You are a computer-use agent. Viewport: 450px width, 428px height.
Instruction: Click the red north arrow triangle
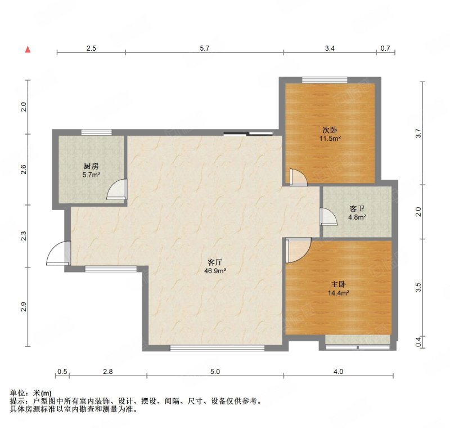[28, 50]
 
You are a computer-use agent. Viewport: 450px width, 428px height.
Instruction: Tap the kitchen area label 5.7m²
[91, 175]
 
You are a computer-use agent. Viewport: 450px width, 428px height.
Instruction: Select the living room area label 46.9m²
[215, 270]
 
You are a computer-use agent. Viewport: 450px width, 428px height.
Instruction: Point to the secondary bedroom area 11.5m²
[330, 139]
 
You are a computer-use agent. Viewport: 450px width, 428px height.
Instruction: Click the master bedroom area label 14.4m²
[339, 293]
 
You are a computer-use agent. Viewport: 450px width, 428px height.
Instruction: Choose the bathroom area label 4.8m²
[357, 217]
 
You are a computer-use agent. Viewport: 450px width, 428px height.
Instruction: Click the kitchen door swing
[117, 189]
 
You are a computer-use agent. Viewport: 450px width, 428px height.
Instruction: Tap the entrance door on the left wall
[58, 253]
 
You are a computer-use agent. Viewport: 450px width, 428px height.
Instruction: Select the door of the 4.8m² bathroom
[329, 217]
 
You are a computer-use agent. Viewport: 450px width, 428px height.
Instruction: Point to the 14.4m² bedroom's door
[299, 250]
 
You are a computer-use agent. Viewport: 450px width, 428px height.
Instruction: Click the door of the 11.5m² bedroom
[299, 177]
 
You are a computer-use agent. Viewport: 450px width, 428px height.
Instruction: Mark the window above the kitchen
[96, 132]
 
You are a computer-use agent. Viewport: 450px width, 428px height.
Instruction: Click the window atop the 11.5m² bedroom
[325, 80]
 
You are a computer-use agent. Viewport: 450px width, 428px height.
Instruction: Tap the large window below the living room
[217, 348]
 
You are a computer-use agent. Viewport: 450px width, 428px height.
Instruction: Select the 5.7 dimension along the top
[205, 48]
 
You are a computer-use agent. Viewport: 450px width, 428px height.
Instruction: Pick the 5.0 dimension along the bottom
[215, 372]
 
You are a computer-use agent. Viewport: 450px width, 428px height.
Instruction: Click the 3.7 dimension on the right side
[418, 133]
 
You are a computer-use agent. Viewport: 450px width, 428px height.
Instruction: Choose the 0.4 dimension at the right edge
[418, 341]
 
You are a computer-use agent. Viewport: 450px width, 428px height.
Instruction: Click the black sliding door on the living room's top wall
[248, 133]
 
